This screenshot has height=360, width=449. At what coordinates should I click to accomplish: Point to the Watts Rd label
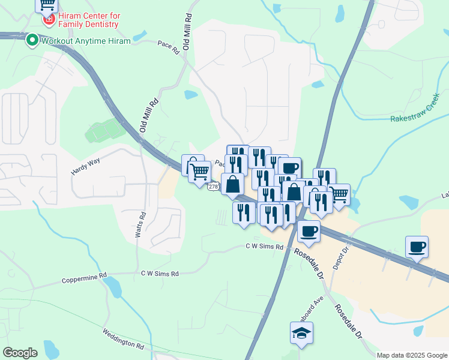click(140, 224)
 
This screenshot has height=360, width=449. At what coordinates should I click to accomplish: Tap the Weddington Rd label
click(123, 340)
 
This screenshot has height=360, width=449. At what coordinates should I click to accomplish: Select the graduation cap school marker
click(301, 333)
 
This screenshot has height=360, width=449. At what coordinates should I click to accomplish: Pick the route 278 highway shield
click(214, 187)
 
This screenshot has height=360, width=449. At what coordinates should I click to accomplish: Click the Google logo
click(20, 353)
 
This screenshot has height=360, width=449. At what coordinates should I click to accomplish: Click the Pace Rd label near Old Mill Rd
click(169, 48)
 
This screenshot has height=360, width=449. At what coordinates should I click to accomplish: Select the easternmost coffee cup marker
click(417, 247)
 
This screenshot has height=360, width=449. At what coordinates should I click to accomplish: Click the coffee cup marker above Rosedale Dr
click(309, 231)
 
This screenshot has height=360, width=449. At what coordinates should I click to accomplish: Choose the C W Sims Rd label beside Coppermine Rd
click(160, 274)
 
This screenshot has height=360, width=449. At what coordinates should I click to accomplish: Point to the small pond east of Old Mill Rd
click(191, 94)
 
